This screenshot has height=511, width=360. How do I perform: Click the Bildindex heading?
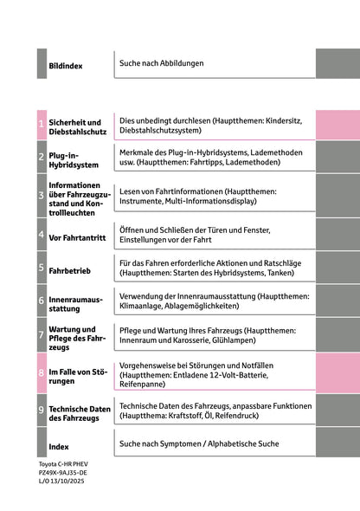tap(66, 66)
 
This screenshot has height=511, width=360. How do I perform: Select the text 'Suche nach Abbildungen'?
tap(163, 63)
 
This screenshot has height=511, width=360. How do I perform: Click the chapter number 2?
tap(41, 158)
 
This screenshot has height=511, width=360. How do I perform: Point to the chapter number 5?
tap(41, 268)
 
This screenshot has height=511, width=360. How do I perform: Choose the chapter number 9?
tap(41, 411)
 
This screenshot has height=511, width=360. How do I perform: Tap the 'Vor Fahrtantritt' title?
tap(79, 236)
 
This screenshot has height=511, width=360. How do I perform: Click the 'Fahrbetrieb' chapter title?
tap(70, 271)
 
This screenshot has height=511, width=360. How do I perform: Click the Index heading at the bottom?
tap(59, 447)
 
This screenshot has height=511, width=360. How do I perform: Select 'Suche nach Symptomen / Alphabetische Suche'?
tap(200, 443)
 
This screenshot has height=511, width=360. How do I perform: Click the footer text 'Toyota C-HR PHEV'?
tap(62, 465)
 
